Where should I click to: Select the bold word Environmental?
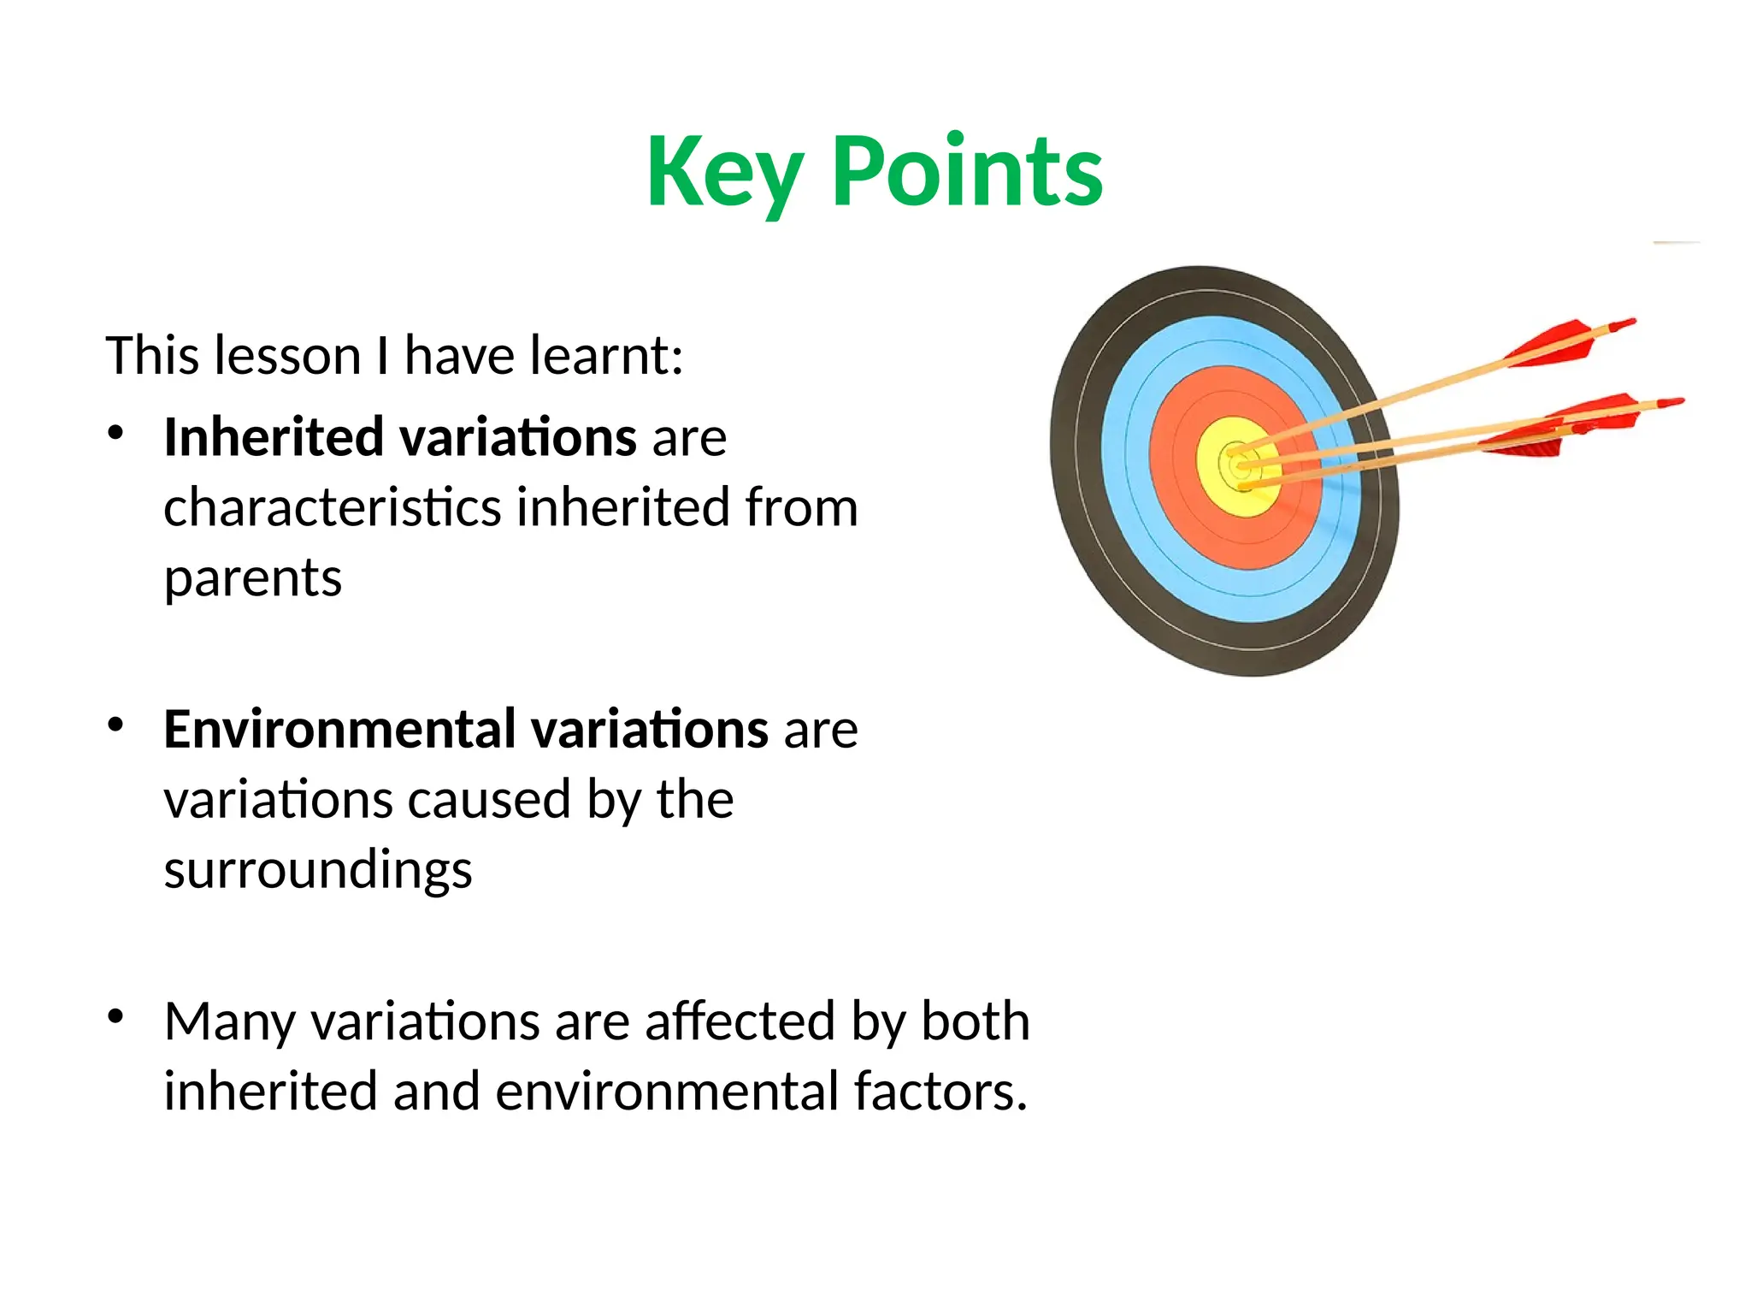[x=339, y=730]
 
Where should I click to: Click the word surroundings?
[x=318, y=871]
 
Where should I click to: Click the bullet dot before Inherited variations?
[x=116, y=433]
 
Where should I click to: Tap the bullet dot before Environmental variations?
[x=116, y=725]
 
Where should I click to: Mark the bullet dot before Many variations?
[x=116, y=1016]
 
